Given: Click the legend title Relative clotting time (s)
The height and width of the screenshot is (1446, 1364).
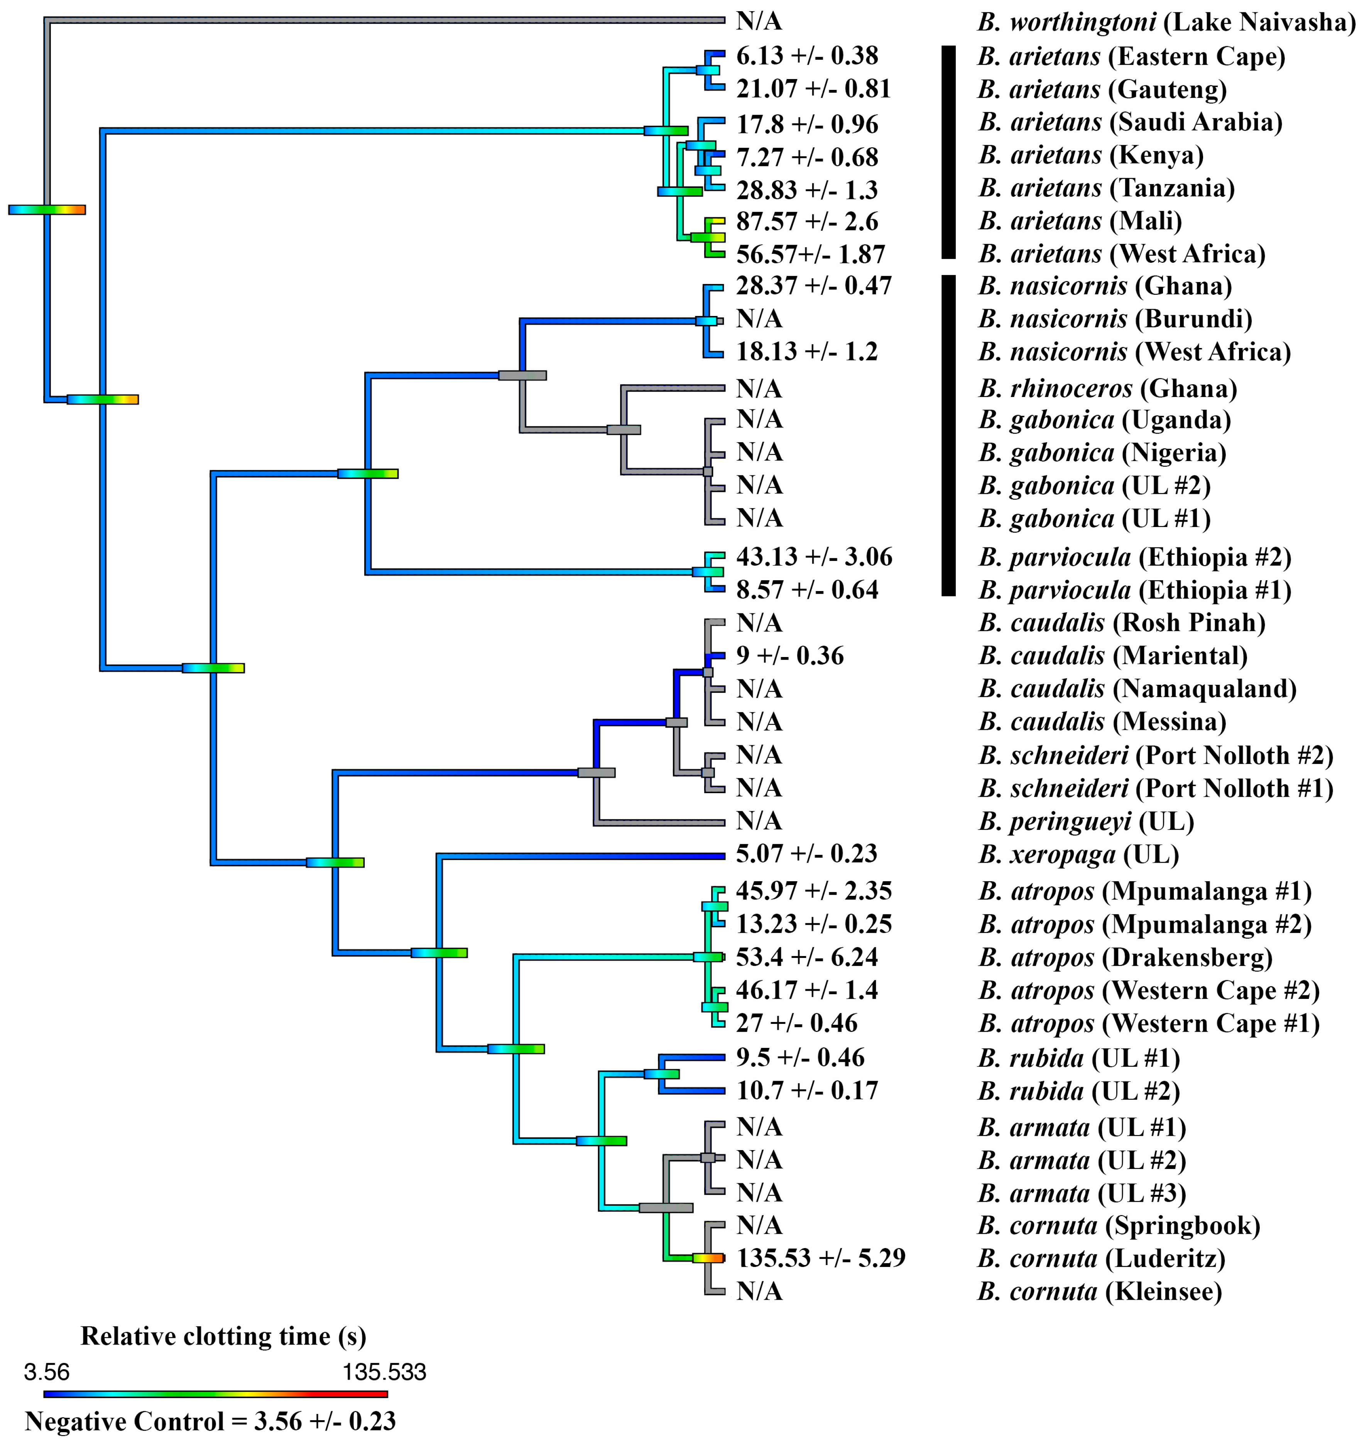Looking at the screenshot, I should click(223, 1336).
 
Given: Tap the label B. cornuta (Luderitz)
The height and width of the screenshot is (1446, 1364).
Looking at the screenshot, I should click(1101, 1258).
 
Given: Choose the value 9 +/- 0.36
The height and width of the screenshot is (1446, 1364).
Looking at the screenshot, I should click(789, 655).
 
